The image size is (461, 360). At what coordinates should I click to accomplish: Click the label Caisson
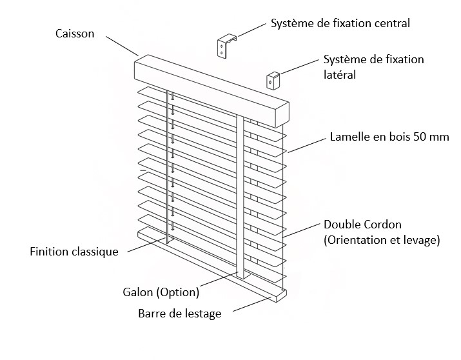(75, 34)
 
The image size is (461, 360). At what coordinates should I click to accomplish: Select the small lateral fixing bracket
(273, 80)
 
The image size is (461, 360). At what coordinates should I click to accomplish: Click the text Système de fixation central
(340, 24)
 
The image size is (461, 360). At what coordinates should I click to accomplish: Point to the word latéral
(339, 75)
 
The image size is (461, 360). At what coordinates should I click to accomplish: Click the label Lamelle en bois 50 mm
(389, 137)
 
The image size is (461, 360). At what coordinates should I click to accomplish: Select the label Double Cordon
(362, 225)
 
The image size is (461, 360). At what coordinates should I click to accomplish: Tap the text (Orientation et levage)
(382, 240)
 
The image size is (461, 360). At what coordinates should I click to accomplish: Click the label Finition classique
(74, 252)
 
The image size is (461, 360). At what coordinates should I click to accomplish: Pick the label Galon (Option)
(161, 292)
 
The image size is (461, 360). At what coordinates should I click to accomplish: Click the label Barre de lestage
(179, 314)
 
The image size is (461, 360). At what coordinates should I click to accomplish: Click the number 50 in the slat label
(418, 137)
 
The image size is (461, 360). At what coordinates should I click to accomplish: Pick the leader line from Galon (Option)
(220, 279)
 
